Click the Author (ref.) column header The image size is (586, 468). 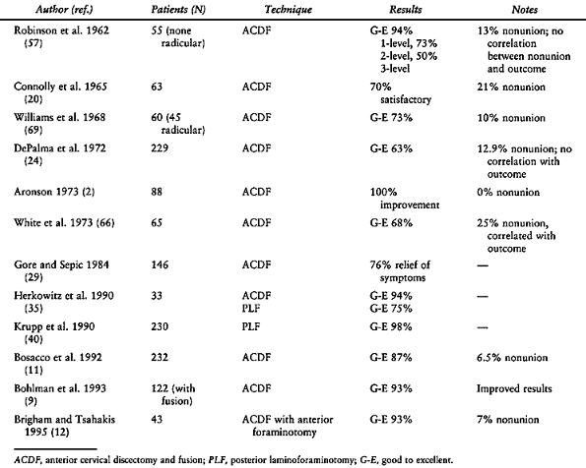tap(64, 9)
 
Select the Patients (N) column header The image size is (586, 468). tap(178, 9)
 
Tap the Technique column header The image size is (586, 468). tap(289, 9)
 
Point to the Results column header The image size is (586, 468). tap(406, 9)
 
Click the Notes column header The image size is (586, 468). tap(525, 9)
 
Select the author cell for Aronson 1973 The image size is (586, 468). tap(54, 192)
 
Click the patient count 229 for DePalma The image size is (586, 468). tap(160, 148)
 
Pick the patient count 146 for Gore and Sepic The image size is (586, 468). tap(160, 265)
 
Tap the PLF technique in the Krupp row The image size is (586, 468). tap(251, 327)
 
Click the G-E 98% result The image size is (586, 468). tap(391, 327)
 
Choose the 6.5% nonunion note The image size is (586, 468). tap(512, 358)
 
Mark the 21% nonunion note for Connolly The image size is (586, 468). tap(511, 87)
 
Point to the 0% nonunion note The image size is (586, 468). tap(508, 192)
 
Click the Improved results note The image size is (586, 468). tap(514, 388)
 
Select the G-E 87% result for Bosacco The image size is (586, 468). tap(391, 358)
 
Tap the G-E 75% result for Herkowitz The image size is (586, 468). tap(391, 309)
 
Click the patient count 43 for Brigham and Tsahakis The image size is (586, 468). tap(157, 419)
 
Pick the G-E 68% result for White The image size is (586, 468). tap(391, 223)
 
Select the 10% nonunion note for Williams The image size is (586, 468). tap(511, 118)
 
